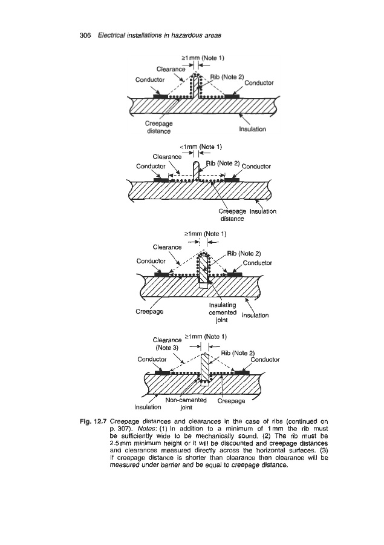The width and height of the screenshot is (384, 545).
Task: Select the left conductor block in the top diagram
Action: click(160, 96)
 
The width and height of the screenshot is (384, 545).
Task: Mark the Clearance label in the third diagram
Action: click(168, 247)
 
